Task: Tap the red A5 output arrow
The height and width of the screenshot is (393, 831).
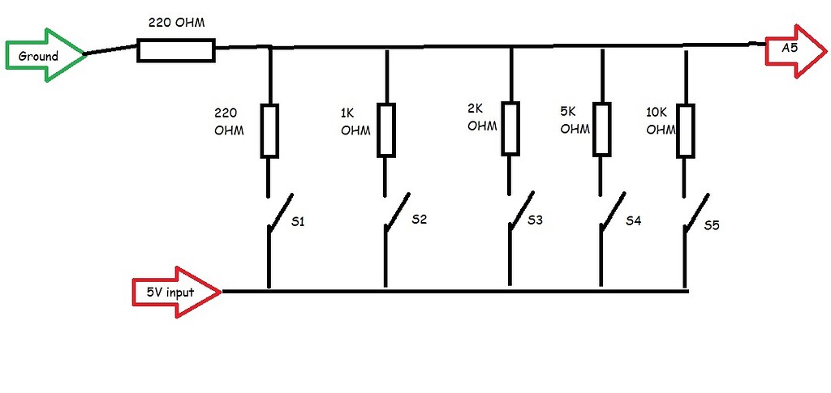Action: pyautogui.click(x=794, y=50)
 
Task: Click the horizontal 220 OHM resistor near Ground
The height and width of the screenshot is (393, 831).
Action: pyautogui.click(x=176, y=51)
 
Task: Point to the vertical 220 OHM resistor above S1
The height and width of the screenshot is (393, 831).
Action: pyautogui.click(x=269, y=130)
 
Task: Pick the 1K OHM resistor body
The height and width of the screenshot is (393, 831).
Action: pyautogui.click(x=385, y=130)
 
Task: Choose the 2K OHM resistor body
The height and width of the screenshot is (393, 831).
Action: pyautogui.click(x=510, y=128)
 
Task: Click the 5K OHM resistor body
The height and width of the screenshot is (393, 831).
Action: pyautogui.click(x=601, y=128)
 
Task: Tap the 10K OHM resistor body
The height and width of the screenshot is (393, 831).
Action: pyautogui.click(x=687, y=130)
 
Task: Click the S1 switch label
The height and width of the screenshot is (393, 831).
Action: pyautogui.click(x=297, y=221)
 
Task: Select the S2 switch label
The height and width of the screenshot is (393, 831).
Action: pyautogui.click(x=419, y=219)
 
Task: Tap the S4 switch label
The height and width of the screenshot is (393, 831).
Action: pyautogui.click(x=633, y=220)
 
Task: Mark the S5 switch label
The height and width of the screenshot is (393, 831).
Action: pyautogui.click(x=712, y=225)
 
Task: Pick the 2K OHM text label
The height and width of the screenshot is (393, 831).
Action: pyautogui.click(x=481, y=117)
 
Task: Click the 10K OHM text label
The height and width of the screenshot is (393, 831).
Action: pyautogui.click(x=661, y=121)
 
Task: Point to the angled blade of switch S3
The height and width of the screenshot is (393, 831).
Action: pyautogui.click(x=522, y=210)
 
